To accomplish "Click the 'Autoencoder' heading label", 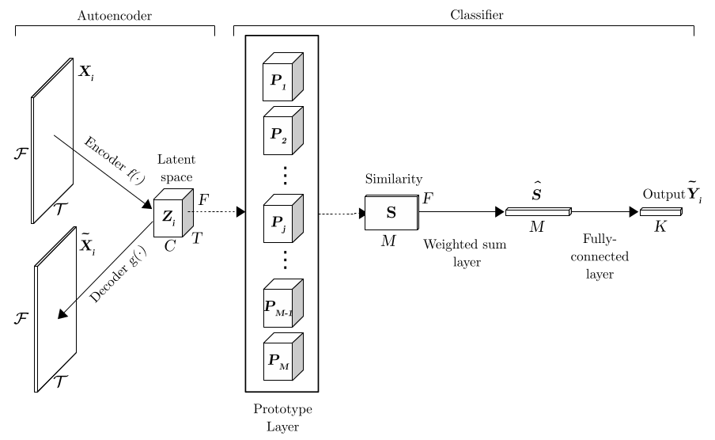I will click(115, 15).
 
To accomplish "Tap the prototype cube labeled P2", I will click(282, 131).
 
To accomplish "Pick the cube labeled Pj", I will click(282, 219).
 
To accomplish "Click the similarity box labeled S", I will click(392, 214).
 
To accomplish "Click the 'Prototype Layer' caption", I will click(282, 418).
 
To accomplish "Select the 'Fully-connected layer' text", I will click(600, 256).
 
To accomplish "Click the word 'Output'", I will click(663, 195).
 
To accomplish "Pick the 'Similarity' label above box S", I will click(393, 180).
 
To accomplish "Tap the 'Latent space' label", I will click(176, 168).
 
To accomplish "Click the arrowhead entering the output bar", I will click(634, 211).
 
